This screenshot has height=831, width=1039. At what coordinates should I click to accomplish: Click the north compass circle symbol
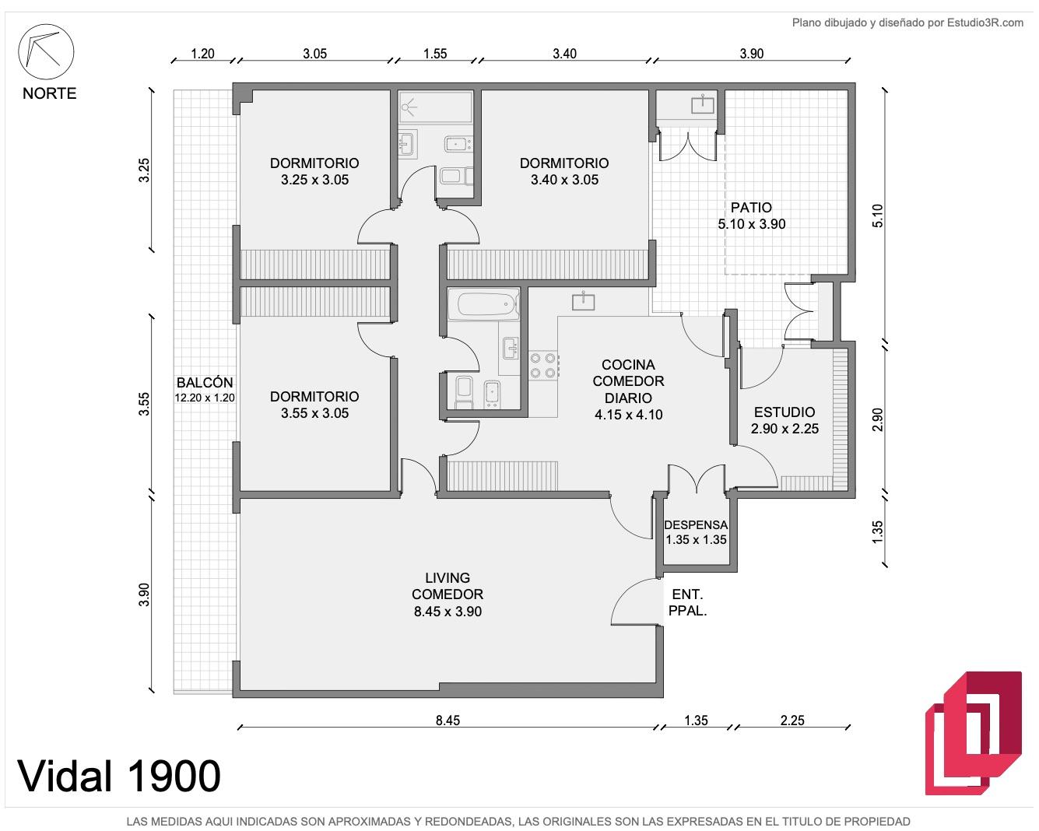click(46, 51)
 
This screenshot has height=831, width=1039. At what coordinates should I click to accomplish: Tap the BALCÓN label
click(205, 382)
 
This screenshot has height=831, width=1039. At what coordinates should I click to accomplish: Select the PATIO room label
click(751, 208)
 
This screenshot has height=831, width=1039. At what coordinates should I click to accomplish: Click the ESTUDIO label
click(785, 412)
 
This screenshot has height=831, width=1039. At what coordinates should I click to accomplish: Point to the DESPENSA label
click(696, 525)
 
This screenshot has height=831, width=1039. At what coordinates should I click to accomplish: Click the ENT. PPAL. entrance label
click(687, 602)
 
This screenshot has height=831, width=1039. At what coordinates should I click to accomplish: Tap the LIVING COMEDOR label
click(448, 586)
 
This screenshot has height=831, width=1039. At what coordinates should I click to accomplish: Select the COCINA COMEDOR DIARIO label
click(628, 381)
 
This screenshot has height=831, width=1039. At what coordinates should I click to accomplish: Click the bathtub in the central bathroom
click(484, 304)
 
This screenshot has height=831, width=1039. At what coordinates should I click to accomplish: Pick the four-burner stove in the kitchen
click(543, 365)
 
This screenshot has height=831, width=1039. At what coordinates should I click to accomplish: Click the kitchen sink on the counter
click(583, 302)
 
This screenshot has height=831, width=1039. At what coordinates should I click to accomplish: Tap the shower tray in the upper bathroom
click(436, 107)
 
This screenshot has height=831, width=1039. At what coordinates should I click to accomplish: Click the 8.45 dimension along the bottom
click(448, 721)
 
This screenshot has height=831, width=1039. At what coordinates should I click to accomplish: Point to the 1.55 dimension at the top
click(435, 54)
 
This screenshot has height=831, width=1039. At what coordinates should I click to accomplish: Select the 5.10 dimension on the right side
click(878, 216)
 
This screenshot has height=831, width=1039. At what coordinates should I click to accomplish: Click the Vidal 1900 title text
click(119, 776)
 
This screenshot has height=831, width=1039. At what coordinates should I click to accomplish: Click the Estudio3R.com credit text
click(985, 23)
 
